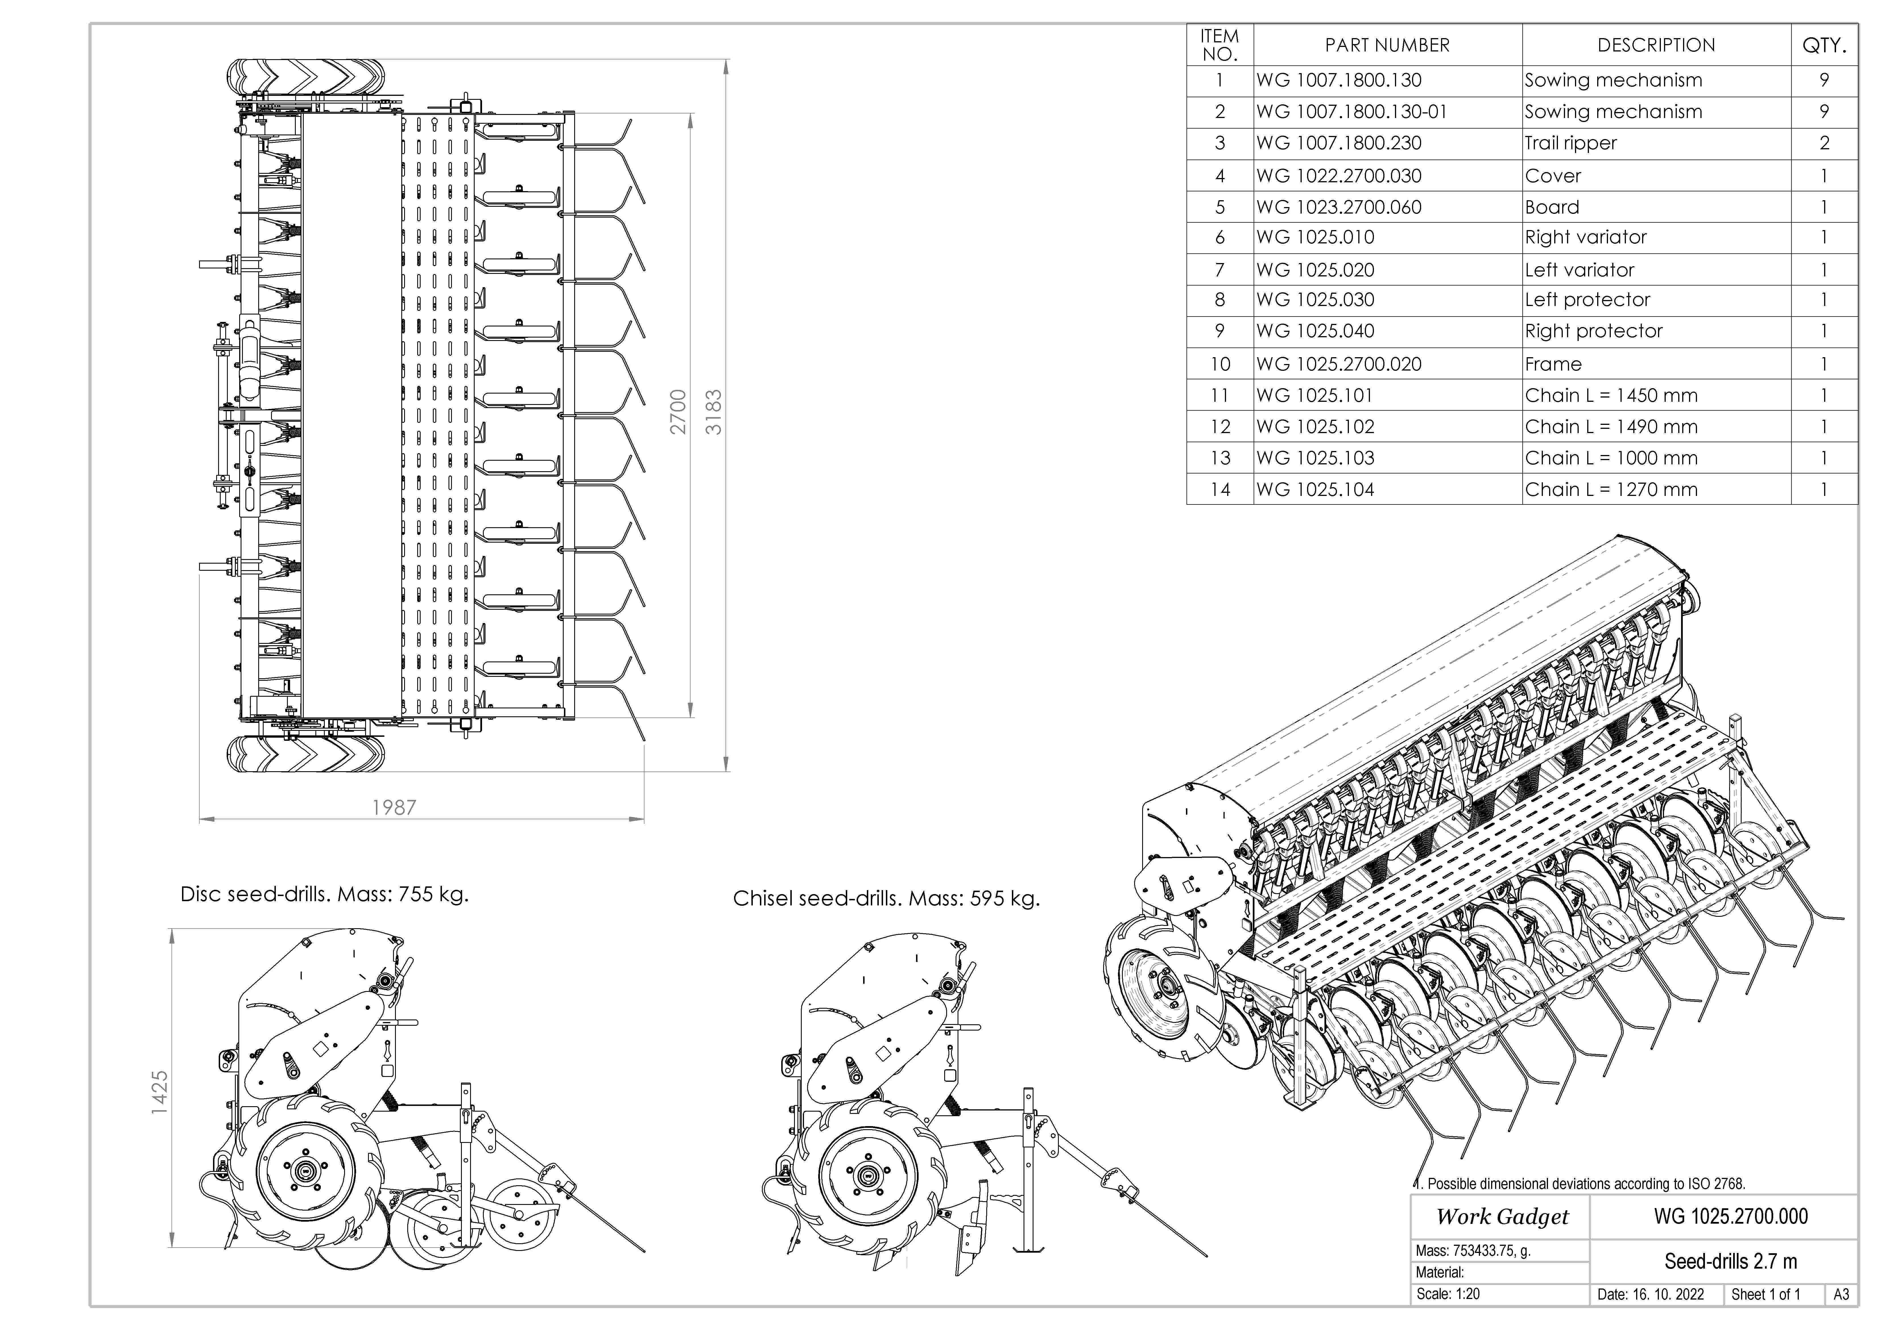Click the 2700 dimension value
(x=677, y=412)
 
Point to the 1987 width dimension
(x=394, y=808)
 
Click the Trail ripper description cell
(x=1570, y=143)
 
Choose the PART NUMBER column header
(x=1387, y=45)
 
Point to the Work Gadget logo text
(x=1502, y=1217)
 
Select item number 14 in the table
(x=1220, y=490)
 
